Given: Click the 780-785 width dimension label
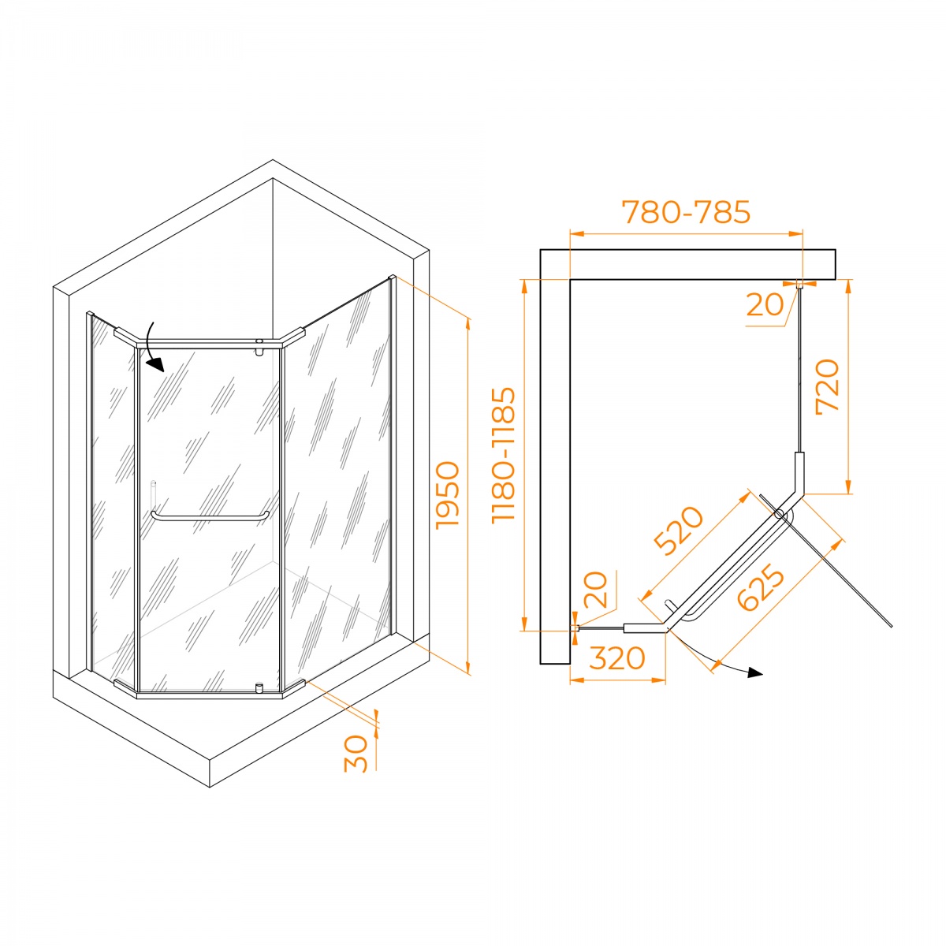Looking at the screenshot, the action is pyautogui.click(x=686, y=212).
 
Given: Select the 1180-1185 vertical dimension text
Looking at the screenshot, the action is pyautogui.click(x=504, y=455).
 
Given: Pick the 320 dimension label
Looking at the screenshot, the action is pyautogui.click(x=616, y=658).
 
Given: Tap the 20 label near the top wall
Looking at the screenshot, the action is pyautogui.click(x=765, y=304).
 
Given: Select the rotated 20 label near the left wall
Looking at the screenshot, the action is pyautogui.click(x=596, y=589).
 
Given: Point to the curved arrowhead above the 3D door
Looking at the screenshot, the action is pyautogui.click(x=157, y=364).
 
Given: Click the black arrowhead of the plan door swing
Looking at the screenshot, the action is pyautogui.click(x=755, y=672).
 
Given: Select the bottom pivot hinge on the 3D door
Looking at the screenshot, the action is pyautogui.click(x=259, y=687).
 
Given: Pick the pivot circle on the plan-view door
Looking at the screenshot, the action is pyautogui.click(x=779, y=514).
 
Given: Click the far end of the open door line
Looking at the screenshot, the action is pyautogui.click(x=891, y=627).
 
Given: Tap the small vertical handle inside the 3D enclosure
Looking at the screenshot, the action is pyautogui.click(x=153, y=495).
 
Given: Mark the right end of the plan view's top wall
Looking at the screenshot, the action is pyautogui.click(x=835, y=265).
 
